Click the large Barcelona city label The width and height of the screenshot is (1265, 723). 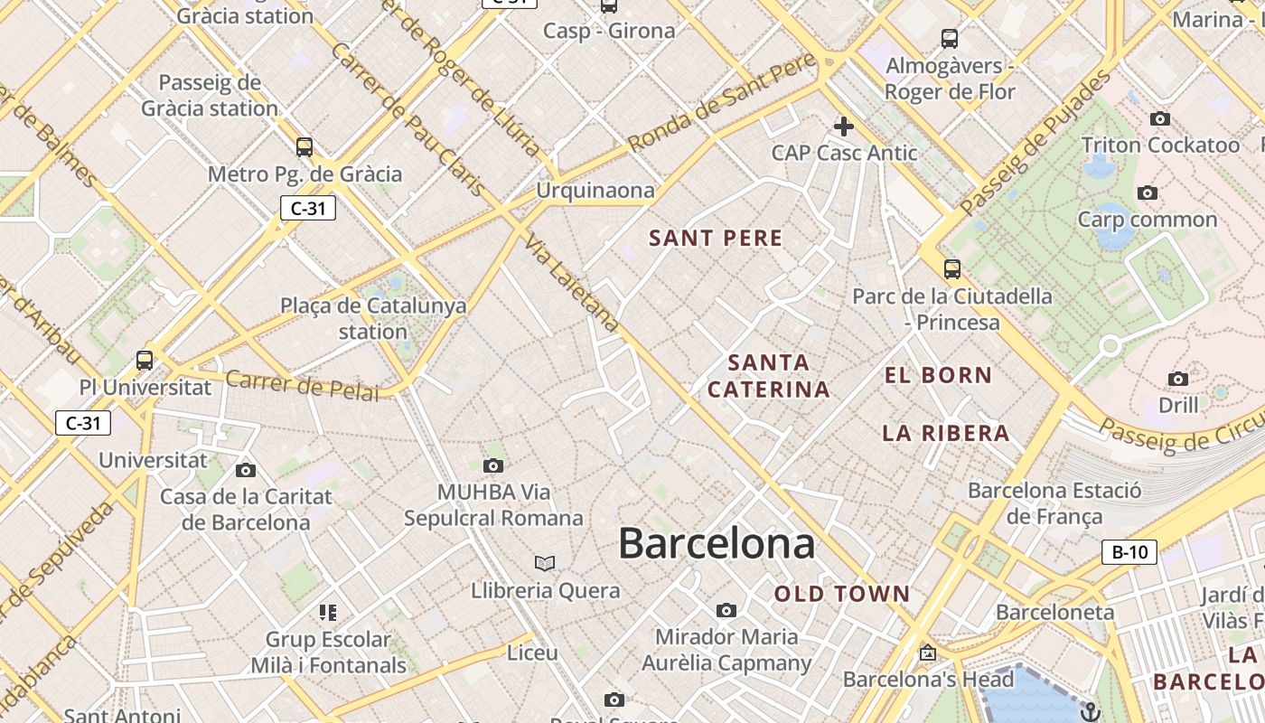coord(717,544)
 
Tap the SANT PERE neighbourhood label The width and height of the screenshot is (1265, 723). coord(716,239)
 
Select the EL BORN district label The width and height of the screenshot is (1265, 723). coord(938,376)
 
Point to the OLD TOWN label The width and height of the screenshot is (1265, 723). coord(842,594)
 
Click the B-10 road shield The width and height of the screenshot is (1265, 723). coord(1129,552)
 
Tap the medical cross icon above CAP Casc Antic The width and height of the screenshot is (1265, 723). coord(844,127)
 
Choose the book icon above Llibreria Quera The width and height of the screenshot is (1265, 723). coord(544,564)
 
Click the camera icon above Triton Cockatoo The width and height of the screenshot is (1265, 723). coord(1160,119)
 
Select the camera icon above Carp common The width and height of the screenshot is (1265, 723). coord(1148,192)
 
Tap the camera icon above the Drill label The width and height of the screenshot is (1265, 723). coord(1178,379)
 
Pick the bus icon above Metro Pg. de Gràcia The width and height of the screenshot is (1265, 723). coord(305,146)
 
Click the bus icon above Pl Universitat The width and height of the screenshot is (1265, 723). coord(145,360)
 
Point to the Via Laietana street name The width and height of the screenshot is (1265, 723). coord(573,285)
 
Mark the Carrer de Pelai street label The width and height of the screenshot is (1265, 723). coord(303,385)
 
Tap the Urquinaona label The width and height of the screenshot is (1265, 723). coord(595,191)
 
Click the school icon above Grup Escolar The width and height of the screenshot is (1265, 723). coord(328,613)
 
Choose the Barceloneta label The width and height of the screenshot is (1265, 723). coord(1054,613)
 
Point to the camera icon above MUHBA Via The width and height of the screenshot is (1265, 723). coord(492,466)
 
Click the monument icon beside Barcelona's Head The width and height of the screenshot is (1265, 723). coord(927,653)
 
